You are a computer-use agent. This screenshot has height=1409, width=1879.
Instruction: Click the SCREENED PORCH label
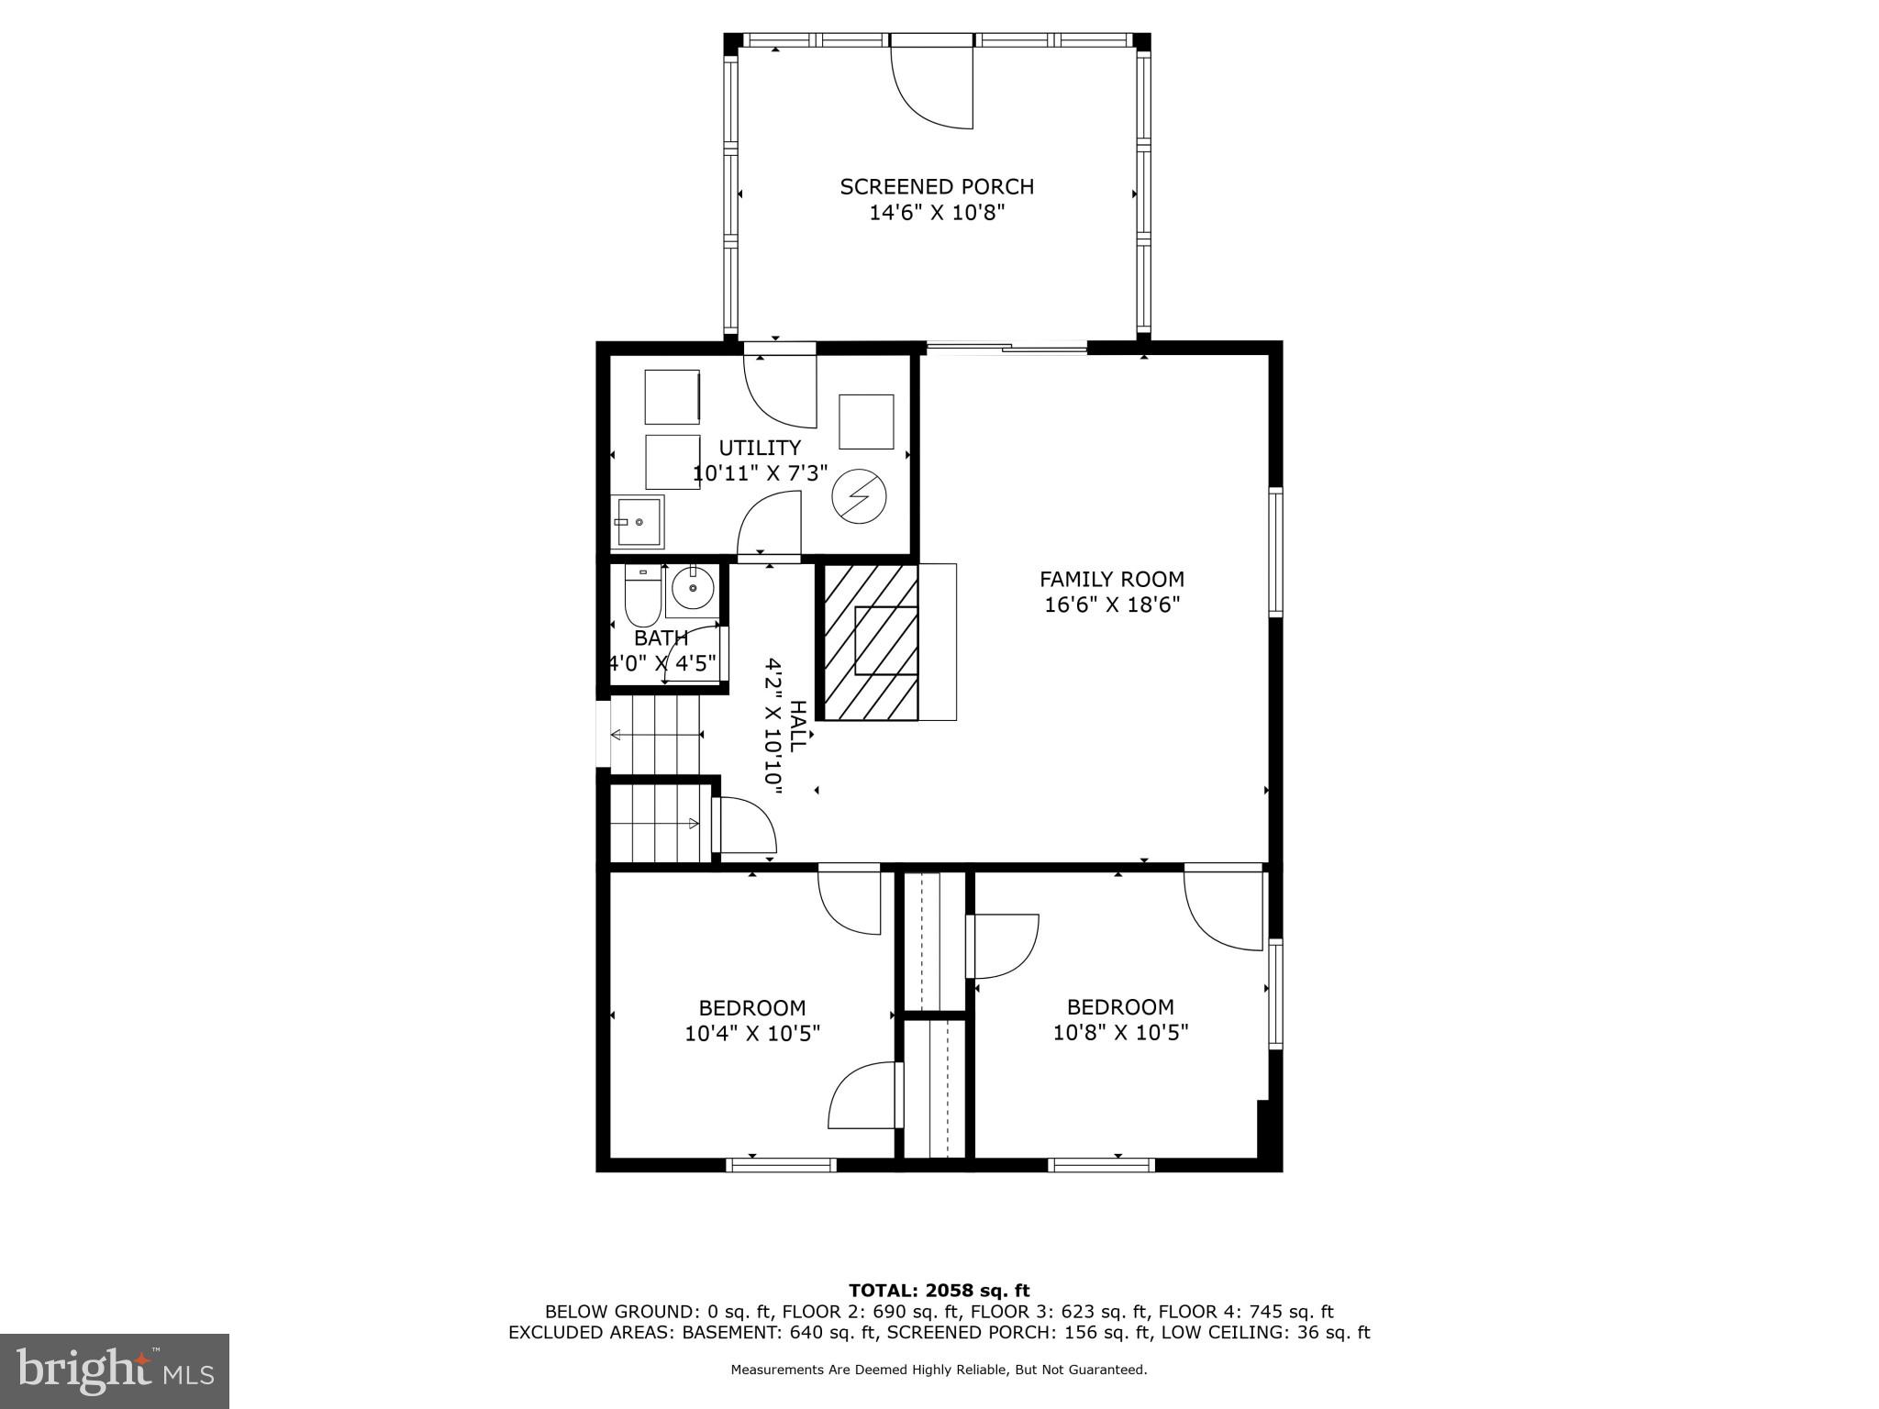(937, 187)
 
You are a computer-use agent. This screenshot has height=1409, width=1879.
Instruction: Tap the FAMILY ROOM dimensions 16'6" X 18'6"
(1112, 605)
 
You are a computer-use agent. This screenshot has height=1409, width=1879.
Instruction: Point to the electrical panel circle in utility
(860, 496)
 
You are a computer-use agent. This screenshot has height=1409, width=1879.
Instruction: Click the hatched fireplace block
(871, 642)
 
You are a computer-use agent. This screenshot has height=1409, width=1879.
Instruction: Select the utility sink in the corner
(637, 522)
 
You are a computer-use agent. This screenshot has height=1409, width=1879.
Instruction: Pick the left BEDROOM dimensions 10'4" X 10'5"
(752, 1034)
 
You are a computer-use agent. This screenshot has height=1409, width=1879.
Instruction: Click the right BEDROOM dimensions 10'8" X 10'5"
(1120, 1034)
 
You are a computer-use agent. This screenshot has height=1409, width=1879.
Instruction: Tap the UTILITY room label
(760, 449)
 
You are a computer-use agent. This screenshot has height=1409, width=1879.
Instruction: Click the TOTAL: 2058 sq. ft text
(939, 1292)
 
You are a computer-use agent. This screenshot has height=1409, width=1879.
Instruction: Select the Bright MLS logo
(114, 1370)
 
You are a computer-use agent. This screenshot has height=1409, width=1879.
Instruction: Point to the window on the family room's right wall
(1276, 551)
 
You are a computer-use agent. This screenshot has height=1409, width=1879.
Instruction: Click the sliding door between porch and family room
(1007, 347)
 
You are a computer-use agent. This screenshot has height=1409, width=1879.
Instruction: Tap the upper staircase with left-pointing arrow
(655, 735)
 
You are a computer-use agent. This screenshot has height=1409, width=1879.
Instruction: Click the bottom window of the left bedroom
(781, 1165)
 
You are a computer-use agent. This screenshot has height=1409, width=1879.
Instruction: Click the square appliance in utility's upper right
(866, 422)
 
